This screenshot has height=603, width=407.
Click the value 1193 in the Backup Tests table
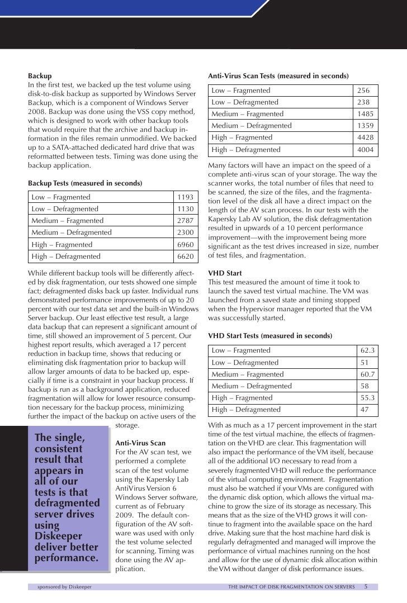[185, 197]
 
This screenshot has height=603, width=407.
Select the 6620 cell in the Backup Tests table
[185, 257]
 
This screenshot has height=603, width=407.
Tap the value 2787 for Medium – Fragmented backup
[185, 221]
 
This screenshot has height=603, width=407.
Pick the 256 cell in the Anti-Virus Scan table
[365, 91]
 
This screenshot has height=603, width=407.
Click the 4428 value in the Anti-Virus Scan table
[366, 137]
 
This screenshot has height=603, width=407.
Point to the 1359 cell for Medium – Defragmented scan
[366, 126]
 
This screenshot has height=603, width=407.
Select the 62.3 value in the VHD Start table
[367, 350]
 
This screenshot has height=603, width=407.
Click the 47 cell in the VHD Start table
[365, 410]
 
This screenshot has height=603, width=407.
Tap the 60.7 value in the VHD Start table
[367, 374]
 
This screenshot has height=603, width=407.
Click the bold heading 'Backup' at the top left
[40, 75]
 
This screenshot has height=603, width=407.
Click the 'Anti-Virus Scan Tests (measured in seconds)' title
[278, 75]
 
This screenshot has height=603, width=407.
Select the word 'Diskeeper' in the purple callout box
[59, 536]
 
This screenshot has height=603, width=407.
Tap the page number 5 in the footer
[366, 587]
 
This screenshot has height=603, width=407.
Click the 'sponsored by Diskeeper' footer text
[64, 587]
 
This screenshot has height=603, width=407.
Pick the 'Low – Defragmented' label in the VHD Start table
[244, 362]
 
